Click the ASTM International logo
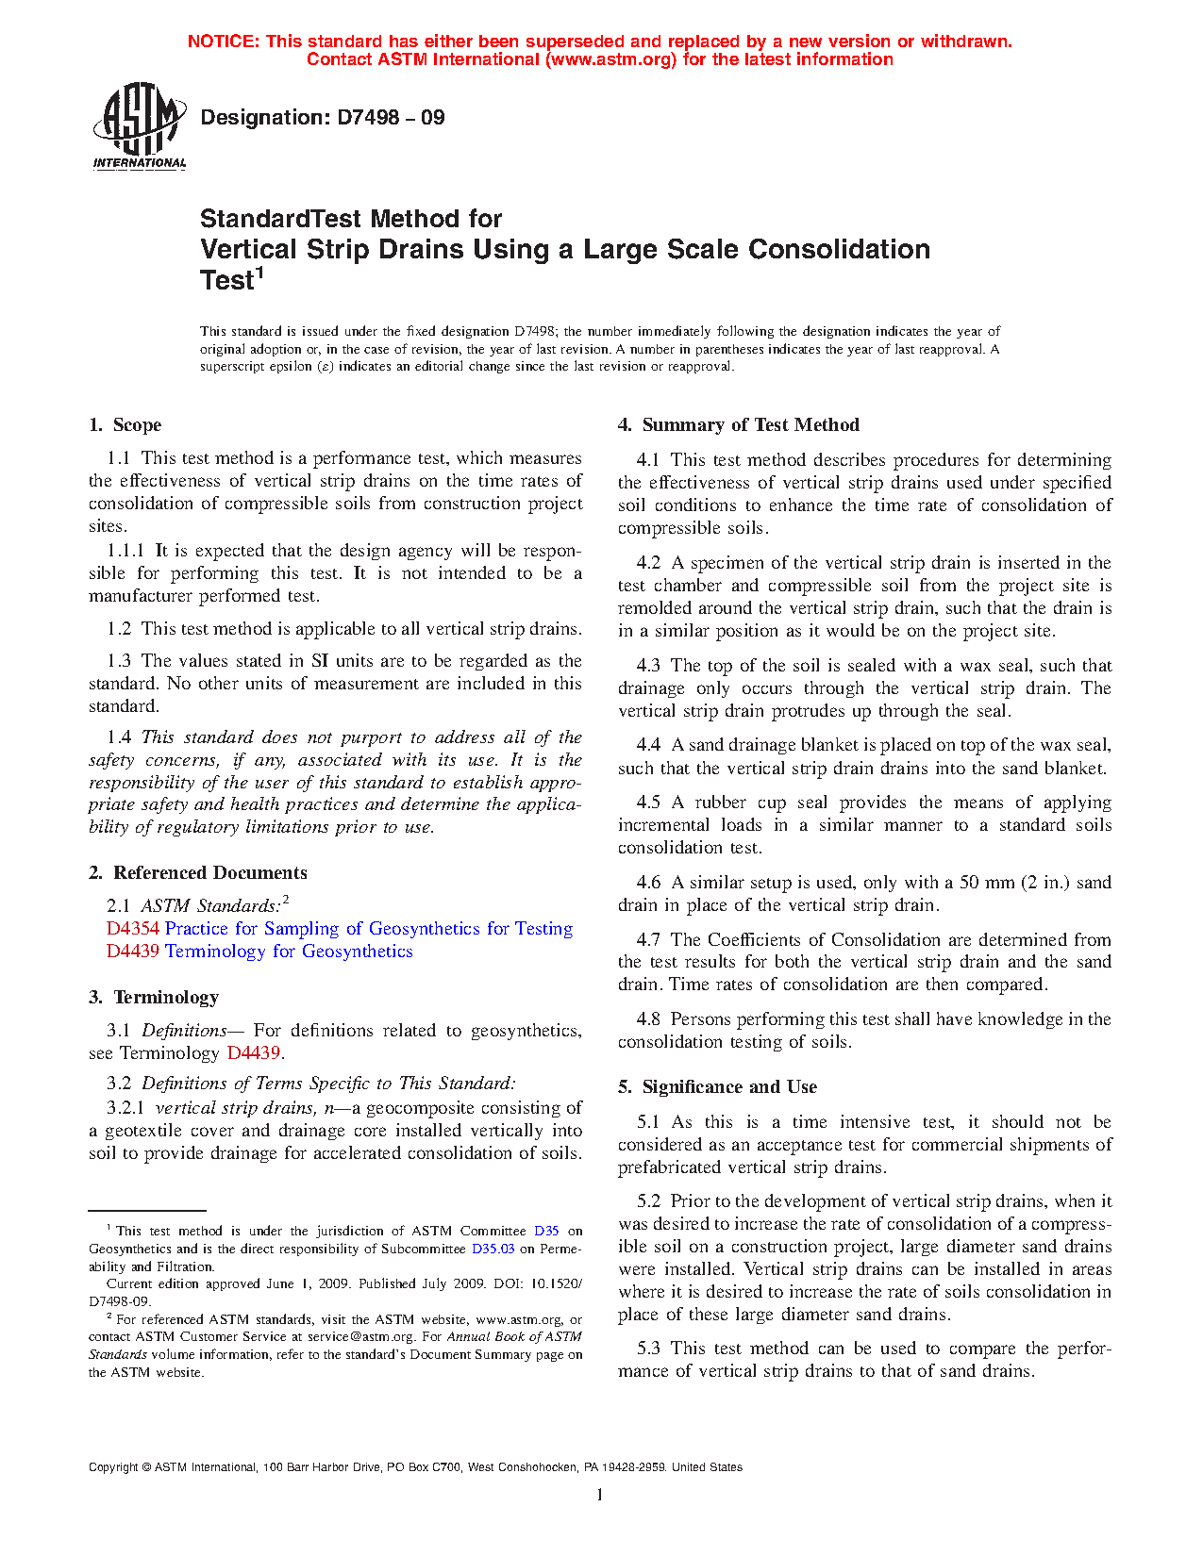[x=139, y=125]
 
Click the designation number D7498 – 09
[x=390, y=118]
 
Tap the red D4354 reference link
[x=132, y=929]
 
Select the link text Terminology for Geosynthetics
[x=289, y=952]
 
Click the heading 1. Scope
[x=125, y=425]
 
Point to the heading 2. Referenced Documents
[x=198, y=873]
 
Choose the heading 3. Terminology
[x=154, y=998]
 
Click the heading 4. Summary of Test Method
[x=739, y=425]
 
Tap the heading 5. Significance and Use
[x=717, y=1087]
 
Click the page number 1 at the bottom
[x=599, y=1495]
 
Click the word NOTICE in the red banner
[x=224, y=41]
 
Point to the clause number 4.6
[x=648, y=883]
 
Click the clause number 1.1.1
[x=125, y=551]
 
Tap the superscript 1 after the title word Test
[x=259, y=273]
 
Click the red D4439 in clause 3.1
[x=253, y=1053]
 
